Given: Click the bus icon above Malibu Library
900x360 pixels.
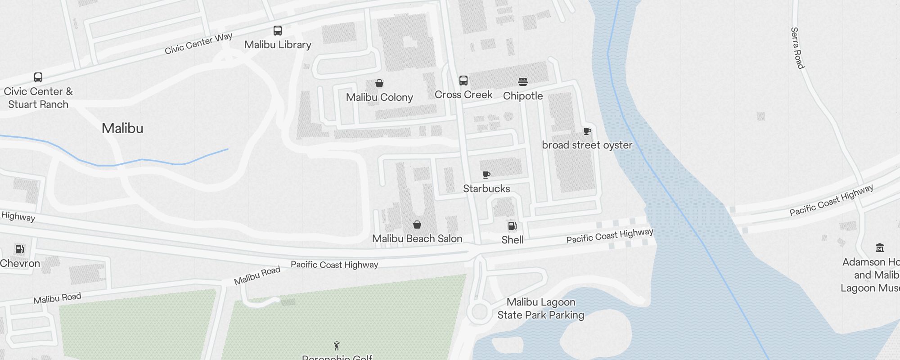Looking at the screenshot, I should [278, 31].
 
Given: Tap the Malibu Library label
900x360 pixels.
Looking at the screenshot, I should [278, 45].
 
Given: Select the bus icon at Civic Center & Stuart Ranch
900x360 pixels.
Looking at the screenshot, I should [38, 77].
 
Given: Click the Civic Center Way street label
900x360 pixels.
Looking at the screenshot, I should [198, 43].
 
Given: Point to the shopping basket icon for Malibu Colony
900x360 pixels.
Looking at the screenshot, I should [379, 83].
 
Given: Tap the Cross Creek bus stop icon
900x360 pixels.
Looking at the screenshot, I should [463, 81].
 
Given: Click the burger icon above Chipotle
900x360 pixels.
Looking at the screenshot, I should [522, 82].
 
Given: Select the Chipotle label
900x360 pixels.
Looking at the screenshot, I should [523, 96].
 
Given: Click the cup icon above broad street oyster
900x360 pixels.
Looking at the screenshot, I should [587, 131].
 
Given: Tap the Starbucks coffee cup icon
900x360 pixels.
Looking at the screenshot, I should [486, 175].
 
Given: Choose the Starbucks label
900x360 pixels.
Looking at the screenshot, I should [486, 189].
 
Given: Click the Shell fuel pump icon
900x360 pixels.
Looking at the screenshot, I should [512, 226].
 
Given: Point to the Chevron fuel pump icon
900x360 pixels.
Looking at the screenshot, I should [20, 249].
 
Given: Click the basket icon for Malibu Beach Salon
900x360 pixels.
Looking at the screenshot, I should [417, 225].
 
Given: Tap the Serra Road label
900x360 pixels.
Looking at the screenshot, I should [797, 48].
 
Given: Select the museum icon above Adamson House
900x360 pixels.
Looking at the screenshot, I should [880, 247].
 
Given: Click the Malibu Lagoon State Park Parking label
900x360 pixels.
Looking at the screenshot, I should [540, 309].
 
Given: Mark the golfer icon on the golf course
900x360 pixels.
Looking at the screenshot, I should [337, 346].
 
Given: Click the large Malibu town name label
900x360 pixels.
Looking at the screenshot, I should [122, 128].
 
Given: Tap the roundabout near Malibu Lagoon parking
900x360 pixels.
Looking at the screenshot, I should [478, 312].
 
